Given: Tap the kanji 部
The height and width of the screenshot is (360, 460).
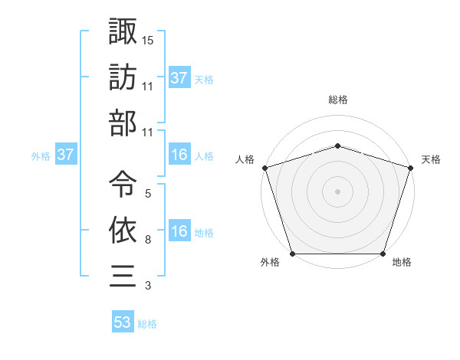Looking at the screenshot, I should point(123,123).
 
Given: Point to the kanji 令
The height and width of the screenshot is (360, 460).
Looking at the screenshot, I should point(123,182).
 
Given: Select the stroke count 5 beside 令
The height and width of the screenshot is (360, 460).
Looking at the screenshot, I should point(147,194).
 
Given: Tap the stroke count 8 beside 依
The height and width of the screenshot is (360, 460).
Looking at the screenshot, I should point(147,241).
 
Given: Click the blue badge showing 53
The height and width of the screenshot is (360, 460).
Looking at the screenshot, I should point(123,322).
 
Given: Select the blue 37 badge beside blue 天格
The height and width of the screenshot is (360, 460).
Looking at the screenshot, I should point(179,78).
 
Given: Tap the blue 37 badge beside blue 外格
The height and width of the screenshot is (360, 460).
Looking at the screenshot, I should point(65,155).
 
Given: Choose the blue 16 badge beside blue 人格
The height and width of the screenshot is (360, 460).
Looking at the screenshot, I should point(179,155).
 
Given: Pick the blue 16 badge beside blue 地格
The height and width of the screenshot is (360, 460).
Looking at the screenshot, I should point(179,232).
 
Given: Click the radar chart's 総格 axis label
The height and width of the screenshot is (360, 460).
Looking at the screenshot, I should point(337,100).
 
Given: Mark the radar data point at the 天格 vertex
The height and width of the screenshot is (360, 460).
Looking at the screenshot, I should point(409,167).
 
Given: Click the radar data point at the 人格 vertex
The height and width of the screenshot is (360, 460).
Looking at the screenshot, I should point(265,167).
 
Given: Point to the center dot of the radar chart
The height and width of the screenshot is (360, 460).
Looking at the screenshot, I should point(337,191).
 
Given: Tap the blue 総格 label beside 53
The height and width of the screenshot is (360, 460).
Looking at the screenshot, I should point(147,324).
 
